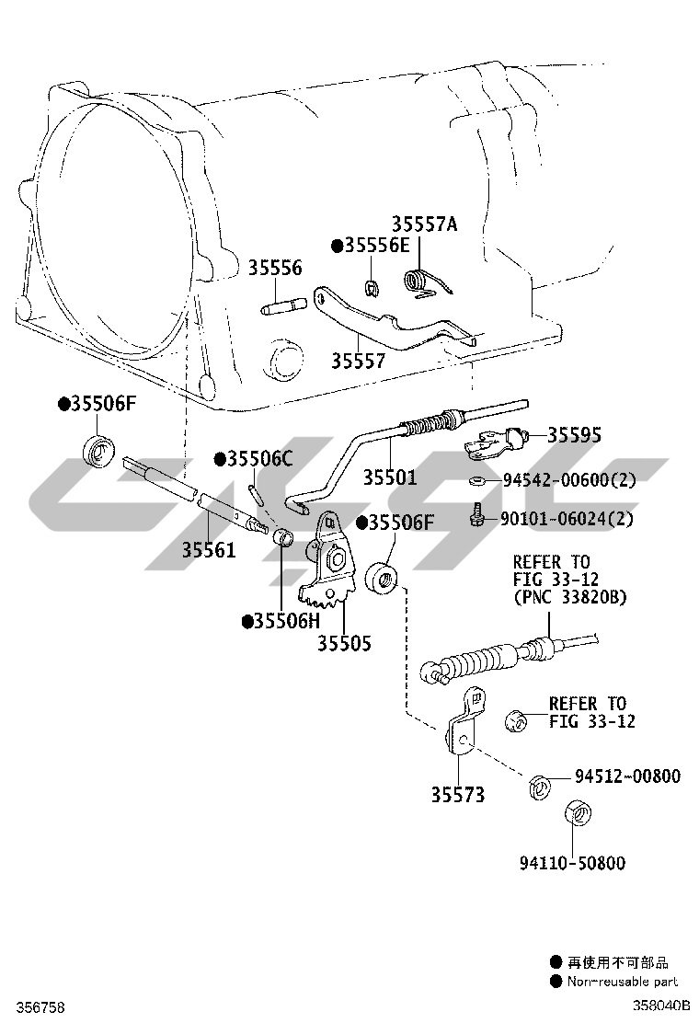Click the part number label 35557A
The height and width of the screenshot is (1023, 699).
point(425,224)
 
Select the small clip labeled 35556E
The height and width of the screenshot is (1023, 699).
point(372,286)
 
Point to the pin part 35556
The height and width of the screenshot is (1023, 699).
point(282,306)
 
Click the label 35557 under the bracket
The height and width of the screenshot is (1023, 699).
point(358,361)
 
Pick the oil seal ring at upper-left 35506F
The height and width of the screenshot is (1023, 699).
point(99,450)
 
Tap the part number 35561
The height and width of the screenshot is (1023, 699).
point(208,550)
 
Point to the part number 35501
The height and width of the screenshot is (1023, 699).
point(389,477)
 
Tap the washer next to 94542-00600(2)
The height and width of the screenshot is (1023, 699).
point(476,481)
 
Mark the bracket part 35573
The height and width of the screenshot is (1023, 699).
point(463,723)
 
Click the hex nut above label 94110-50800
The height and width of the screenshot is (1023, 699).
point(578,815)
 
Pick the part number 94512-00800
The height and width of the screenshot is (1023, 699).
point(627,776)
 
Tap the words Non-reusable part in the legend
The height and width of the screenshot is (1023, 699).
point(622,982)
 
